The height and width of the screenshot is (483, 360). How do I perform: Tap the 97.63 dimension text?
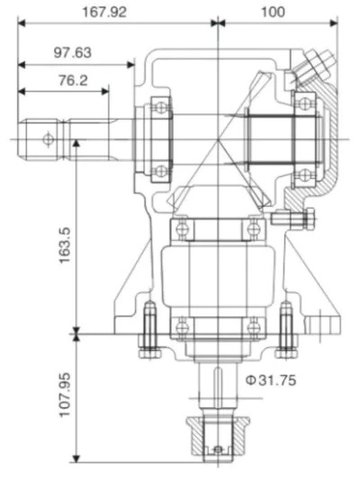point(72,53)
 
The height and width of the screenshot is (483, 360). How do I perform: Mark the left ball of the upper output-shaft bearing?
point(184,228)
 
